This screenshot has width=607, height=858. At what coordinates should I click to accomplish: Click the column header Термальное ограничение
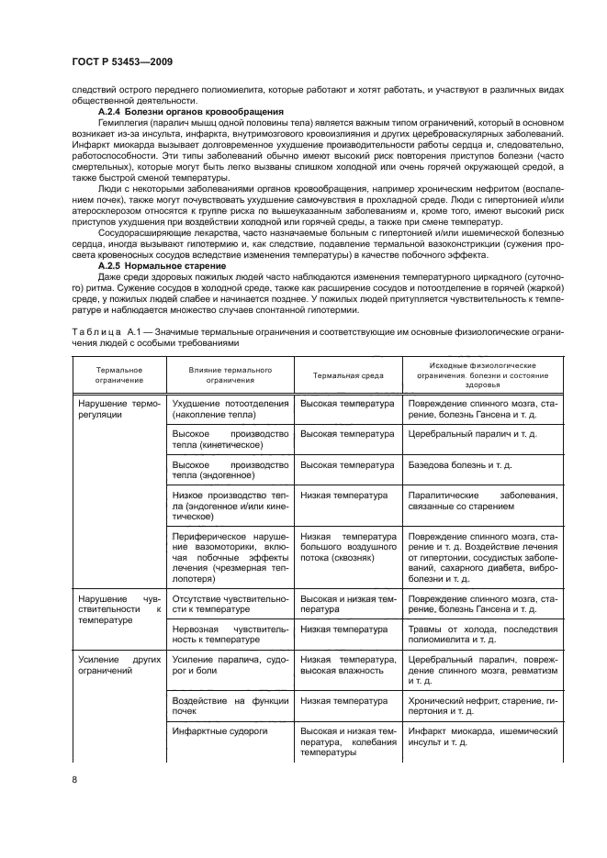pos(118,373)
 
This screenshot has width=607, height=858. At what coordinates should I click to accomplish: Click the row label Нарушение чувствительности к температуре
pos(118,608)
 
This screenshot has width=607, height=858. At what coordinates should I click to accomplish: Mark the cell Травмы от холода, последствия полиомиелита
pos(482,635)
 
